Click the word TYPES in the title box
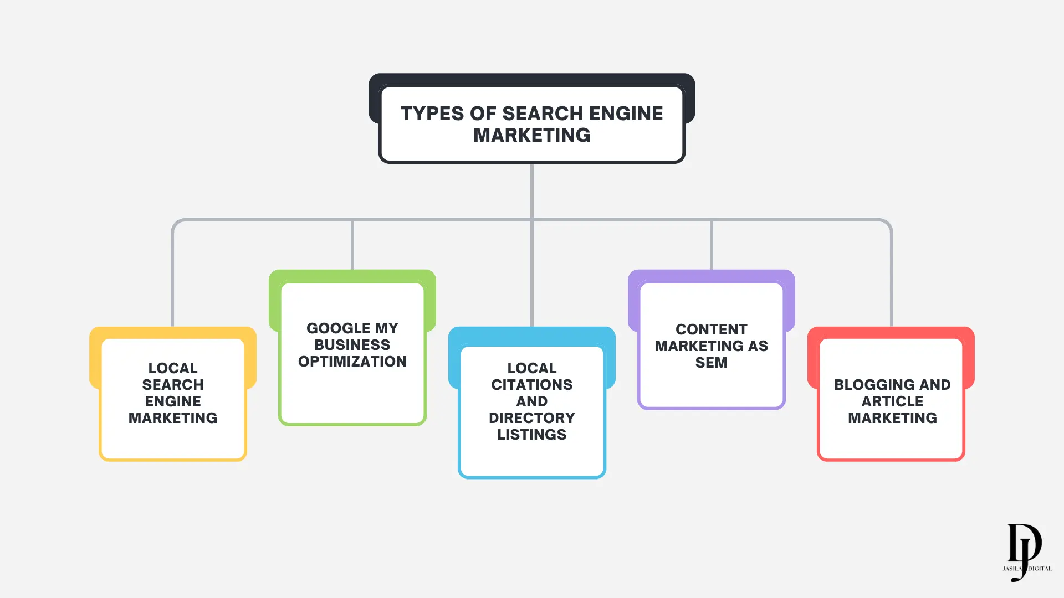click(432, 114)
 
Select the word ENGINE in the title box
click(626, 114)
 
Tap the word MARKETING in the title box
click(531, 135)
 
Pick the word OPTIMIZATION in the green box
click(352, 362)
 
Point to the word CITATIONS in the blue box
click(531, 385)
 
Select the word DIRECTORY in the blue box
click(531, 418)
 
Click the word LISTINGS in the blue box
click(531, 435)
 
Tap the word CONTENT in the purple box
click(711, 329)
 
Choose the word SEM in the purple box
click(711, 363)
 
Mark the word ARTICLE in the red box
click(892, 401)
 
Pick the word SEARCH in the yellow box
click(172, 385)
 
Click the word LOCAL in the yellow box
click(172, 368)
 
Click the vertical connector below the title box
click(531, 191)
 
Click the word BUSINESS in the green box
click(352, 345)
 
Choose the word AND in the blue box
click(531, 401)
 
